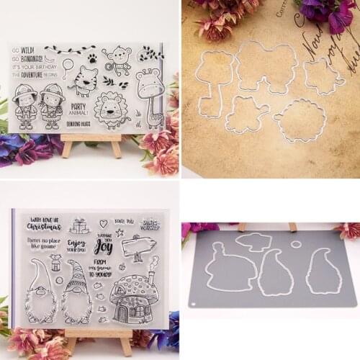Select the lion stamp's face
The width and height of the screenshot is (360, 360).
(x=112, y=110)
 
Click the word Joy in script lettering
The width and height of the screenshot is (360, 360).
(x=104, y=249)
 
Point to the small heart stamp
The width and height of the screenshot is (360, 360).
(x=103, y=223)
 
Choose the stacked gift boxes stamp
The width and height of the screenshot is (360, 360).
(x=78, y=226)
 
